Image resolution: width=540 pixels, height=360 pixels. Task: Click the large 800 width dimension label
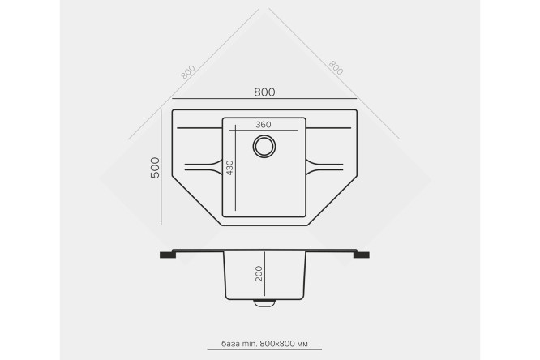pyautogui.click(x=264, y=92)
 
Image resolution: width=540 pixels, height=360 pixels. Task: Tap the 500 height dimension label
pyautogui.click(x=156, y=167)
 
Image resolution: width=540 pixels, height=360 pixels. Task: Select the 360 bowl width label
pyautogui.click(x=264, y=125)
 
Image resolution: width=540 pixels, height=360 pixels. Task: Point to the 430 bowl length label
pyautogui.click(x=229, y=168)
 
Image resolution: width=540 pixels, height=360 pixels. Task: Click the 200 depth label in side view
pyautogui.click(x=259, y=273)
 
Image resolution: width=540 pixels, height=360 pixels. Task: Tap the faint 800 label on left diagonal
pyautogui.click(x=188, y=72)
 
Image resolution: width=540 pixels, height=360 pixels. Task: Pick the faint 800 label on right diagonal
pyautogui.click(x=336, y=68)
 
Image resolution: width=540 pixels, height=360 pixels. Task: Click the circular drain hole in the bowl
pyautogui.click(x=264, y=147)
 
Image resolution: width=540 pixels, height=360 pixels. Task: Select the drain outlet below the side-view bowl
pyautogui.click(x=264, y=302)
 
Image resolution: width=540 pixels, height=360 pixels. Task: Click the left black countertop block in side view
pyautogui.click(x=168, y=255)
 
